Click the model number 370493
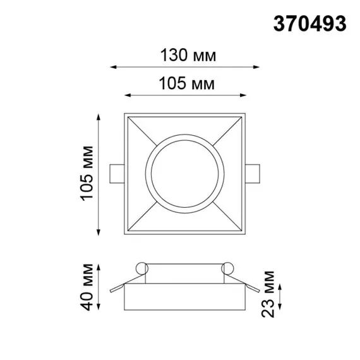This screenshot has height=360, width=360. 309,23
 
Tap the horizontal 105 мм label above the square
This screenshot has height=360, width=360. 185,83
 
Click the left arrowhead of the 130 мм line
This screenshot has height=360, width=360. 114,66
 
